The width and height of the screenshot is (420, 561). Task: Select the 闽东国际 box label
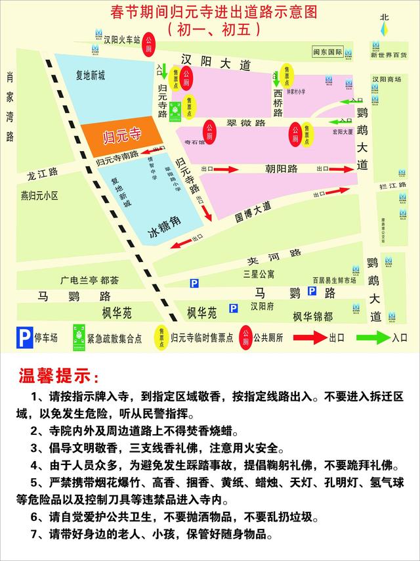pos(327,51)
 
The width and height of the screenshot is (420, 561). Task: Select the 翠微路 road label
pos(246,123)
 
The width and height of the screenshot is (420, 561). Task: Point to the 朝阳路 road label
pos(282,168)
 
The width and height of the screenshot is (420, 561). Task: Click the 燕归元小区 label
pos(39,196)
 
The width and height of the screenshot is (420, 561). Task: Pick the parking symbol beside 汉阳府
pos(233,307)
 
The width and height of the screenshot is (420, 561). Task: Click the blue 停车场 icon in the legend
pos(24,338)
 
